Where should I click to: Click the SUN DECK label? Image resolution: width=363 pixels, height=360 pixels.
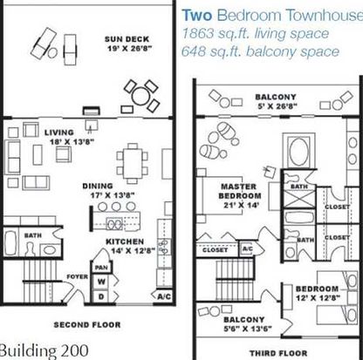pyautogui.click(x=127, y=39)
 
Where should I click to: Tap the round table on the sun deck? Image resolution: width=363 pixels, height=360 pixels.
pyautogui.click(x=140, y=96)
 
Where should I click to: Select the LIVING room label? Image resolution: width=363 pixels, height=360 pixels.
pyautogui.click(x=59, y=132)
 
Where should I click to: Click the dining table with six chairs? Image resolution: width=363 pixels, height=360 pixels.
pyautogui.click(x=133, y=164)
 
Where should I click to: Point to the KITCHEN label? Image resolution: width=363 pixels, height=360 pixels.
pyautogui.click(x=125, y=241)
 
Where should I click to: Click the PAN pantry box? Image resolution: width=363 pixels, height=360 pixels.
pyautogui.click(x=101, y=268)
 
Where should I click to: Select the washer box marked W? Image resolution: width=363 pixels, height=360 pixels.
pyautogui.click(x=101, y=282)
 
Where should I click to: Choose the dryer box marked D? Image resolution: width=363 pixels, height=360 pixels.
pyautogui.click(x=101, y=296)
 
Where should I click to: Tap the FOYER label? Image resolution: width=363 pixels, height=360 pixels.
pyautogui.click(x=77, y=276)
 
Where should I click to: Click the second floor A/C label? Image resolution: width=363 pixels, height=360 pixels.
pyautogui.click(x=164, y=297)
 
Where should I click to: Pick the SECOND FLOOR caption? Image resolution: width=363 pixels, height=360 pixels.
pyautogui.click(x=87, y=324)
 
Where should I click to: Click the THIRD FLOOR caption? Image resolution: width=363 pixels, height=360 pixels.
pyautogui.click(x=278, y=353)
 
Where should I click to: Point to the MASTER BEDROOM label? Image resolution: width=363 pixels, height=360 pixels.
pyautogui.click(x=240, y=191)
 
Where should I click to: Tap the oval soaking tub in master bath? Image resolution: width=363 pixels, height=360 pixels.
pyautogui.click(x=299, y=151)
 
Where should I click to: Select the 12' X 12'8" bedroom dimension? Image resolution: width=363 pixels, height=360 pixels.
pyautogui.click(x=318, y=298)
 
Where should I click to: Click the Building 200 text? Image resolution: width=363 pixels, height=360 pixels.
pyautogui.click(x=44, y=350)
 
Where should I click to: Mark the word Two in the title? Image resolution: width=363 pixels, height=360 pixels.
pyautogui.click(x=197, y=15)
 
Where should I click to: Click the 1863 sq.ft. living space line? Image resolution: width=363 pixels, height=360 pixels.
pyautogui.click(x=255, y=34)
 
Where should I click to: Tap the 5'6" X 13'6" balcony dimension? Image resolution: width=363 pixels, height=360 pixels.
pyautogui.click(x=248, y=329)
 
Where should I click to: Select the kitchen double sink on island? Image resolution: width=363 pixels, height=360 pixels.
pyautogui.click(x=114, y=223)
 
